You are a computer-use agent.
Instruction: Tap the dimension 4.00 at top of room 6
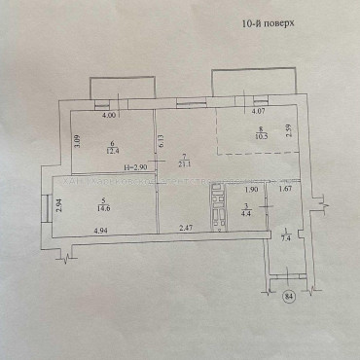[110, 114]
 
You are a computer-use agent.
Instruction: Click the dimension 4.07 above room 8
[258, 112]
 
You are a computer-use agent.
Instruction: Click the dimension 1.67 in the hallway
[285, 190]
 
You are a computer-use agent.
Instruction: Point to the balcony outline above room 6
[119, 87]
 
